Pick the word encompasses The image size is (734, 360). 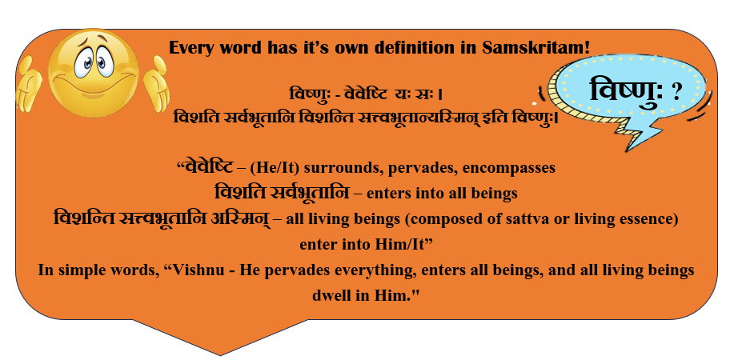509,169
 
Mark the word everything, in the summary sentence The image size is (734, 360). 369,271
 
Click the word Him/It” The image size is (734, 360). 406,245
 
